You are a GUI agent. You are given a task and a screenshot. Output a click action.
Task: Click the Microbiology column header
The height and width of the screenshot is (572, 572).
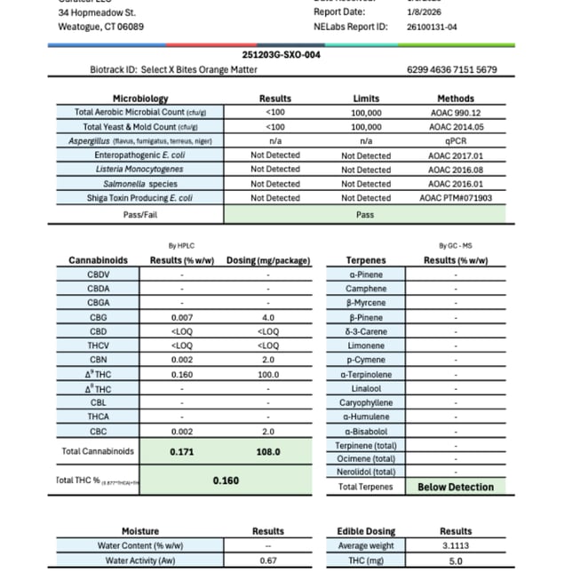tap(140, 99)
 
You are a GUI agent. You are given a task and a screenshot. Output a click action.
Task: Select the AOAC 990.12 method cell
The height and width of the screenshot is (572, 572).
tap(454, 113)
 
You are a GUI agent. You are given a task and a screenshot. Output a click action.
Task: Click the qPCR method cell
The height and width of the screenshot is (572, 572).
tap(454, 141)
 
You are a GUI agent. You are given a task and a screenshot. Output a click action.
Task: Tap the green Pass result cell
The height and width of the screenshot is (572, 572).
tap(364, 214)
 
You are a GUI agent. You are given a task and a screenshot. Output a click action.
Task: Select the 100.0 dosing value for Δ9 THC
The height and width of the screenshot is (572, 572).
tap(267, 374)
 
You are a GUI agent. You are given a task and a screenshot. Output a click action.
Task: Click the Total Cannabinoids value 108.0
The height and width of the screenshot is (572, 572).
tap(267, 451)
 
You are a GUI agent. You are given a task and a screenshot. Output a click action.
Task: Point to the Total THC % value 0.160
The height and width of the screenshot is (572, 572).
tap(226, 481)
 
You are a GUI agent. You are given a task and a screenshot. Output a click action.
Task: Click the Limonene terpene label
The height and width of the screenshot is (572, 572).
tap(365, 346)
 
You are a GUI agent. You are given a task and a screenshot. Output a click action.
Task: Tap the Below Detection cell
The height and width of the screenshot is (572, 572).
tap(455, 487)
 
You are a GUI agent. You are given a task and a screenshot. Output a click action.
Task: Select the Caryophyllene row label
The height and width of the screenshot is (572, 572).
tap(365, 402)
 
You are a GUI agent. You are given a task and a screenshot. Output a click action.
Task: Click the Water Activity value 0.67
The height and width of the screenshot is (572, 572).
tap(267, 560)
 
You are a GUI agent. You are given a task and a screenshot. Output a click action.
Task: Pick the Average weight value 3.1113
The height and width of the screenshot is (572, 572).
tap(455, 546)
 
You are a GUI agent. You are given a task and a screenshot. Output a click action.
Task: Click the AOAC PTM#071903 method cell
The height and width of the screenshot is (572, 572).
tap(454, 198)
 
